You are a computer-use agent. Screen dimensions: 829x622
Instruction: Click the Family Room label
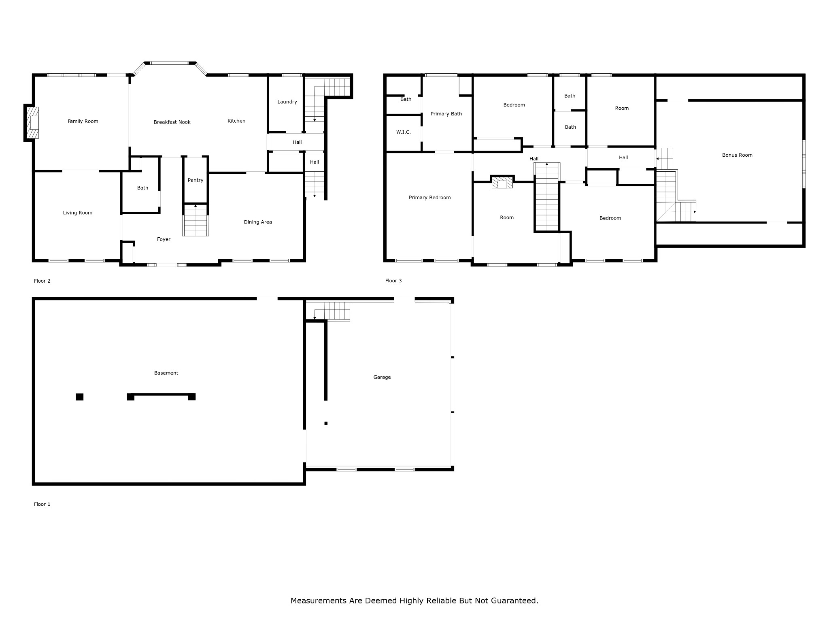pyautogui.click(x=83, y=121)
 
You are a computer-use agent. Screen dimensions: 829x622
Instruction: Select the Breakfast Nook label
pyautogui.click(x=172, y=122)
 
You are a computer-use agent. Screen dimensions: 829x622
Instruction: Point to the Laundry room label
pyautogui.click(x=287, y=102)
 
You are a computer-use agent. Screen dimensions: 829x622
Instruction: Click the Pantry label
pyautogui.click(x=196, y=180)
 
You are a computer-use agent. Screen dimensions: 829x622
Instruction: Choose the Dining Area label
pyautogui.click(x=258, y=222)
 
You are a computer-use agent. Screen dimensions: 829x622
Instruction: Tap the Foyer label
pyautogui.click(x=164, y=239)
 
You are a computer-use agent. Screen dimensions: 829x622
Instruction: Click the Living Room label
pyautogui.click(x=78, y=213)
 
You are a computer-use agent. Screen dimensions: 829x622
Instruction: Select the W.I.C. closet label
pyautogui.click(x=404, y=132)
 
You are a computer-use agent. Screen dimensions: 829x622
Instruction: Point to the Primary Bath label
pyautogui.click(x=446, y=114)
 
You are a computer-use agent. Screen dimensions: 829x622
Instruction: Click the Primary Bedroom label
pyautogui.click(x=429, y=198)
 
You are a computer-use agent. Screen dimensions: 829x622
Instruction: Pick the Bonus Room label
pyautogui.click(x=737, y=155)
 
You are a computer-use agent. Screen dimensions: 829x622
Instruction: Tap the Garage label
pyautogui.click(x=382, y=377)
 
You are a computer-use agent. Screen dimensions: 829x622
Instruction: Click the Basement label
pyautogui.click(x=166, y=373)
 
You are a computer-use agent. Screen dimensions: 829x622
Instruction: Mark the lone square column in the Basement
pyautogui.click(x=79, y=397)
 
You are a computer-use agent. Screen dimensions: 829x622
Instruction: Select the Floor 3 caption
pyautogui.click(x=393, y=281)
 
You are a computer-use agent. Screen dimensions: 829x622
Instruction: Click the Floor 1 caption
pyautogui.click(x=42, y=504)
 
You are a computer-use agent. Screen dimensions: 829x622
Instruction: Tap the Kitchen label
pyautogui.click(x=236, y=121)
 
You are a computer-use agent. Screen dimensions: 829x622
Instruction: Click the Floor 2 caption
pyautogui.click(x=42, y=281)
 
